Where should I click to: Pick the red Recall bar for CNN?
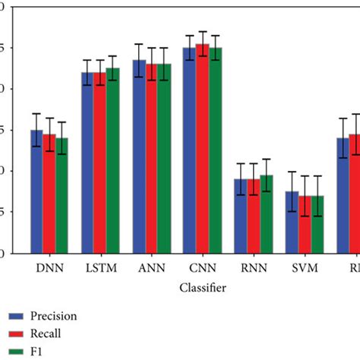pyautogui.click(x=202, y=149)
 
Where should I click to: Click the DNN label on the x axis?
pyautogui.click(x=49, y=270)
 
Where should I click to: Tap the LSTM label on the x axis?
pyautogui.click(x=100, y=270)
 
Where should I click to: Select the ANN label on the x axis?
pyautogui.click(x=151, y=270)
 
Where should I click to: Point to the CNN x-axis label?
pyautogui.click(x=202, y=270)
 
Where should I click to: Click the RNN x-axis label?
pyautogui.click(x=253, y=270)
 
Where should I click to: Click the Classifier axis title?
pyautogui.click(x=201, y=289)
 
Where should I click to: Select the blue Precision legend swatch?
pyautogui.click(x=13, y=315)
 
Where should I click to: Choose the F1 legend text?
pyautogui.click(x=36, y=351)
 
